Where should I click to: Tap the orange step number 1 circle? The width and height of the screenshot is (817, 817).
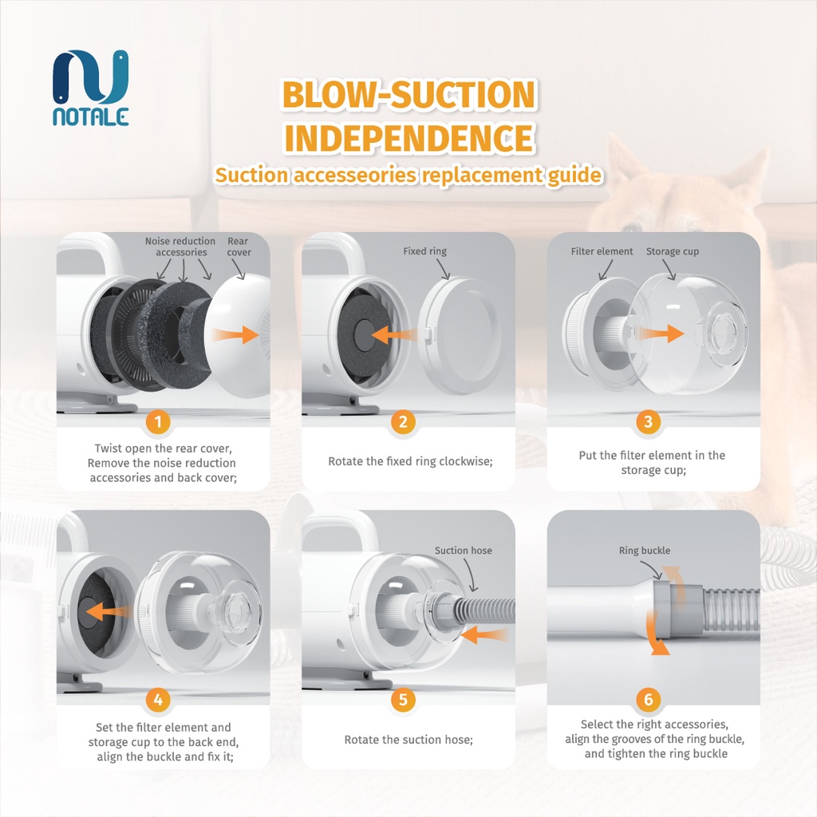[x=157, y=421]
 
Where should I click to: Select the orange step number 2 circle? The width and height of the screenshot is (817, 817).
[x=403, y=421]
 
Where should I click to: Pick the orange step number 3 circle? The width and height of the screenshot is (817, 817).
[x=648, y=421]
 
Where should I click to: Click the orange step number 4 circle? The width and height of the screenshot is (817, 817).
[x=157, y=700]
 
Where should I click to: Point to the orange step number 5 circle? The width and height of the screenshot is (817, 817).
[x=403, y=700]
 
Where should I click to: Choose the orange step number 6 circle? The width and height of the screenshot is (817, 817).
[x=648, y=700]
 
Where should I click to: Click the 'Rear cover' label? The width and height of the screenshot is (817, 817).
[x=239, y=247]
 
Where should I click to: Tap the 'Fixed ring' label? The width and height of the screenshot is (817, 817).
[x=425, y=251]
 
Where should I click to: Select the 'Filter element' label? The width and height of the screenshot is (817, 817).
[x=602, y=251]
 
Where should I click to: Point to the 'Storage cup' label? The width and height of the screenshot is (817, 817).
[x=672, y=251]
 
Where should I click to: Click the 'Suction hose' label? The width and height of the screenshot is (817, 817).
[x=464, y=551]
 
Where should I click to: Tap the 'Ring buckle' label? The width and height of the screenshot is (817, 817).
[x=645, y=551]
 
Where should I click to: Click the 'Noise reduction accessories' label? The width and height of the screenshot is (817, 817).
[x=180, y=247]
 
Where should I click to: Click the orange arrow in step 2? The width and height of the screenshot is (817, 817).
[x=396, y=333]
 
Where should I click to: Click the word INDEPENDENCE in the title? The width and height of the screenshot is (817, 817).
[x=408, y=138]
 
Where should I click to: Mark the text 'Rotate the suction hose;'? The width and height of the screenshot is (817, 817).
[x=408, y=740]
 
